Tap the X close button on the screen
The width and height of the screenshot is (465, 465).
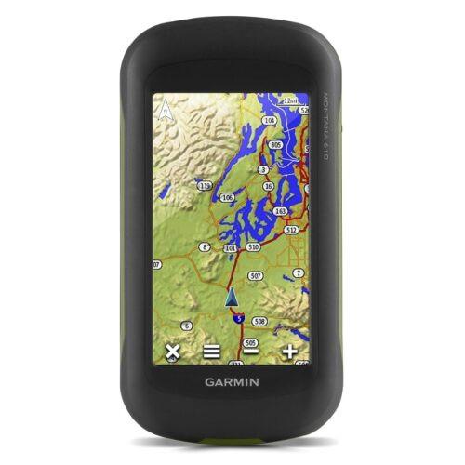click(x=172, y=352)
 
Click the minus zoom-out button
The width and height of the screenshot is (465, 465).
click(x=251, y=352)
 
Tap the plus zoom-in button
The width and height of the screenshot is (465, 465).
click(x=291, y=352)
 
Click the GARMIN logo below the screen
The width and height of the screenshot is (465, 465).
click(x=232, y=379)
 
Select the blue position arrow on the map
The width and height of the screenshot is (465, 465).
click(x=232, y=298)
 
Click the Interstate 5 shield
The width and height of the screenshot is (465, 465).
click(x=239, y=318)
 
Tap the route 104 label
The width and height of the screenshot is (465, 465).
click(x=270, y=120)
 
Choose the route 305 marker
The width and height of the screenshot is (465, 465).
click(x=275, y=145)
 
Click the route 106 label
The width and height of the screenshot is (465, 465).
click(x=228, y=197)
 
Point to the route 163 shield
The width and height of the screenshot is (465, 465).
click(x=280, y=212)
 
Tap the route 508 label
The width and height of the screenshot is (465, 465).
click(x=259, y=321)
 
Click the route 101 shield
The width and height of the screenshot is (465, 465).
click(x=230, y=248)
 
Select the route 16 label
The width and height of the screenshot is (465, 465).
click(x=268, y=186)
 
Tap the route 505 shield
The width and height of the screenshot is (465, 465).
click(x=250, y=342)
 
